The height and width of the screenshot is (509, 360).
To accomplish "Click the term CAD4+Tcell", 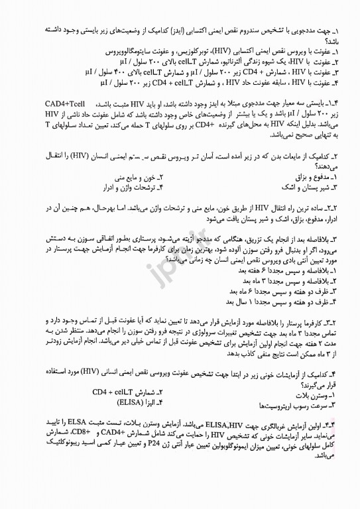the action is tap(69, 104).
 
